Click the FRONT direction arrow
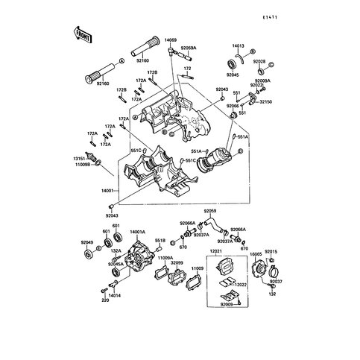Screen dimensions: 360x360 (81, 33)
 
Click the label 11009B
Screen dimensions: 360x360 (80, 165)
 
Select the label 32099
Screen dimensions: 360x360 (176, 262)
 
